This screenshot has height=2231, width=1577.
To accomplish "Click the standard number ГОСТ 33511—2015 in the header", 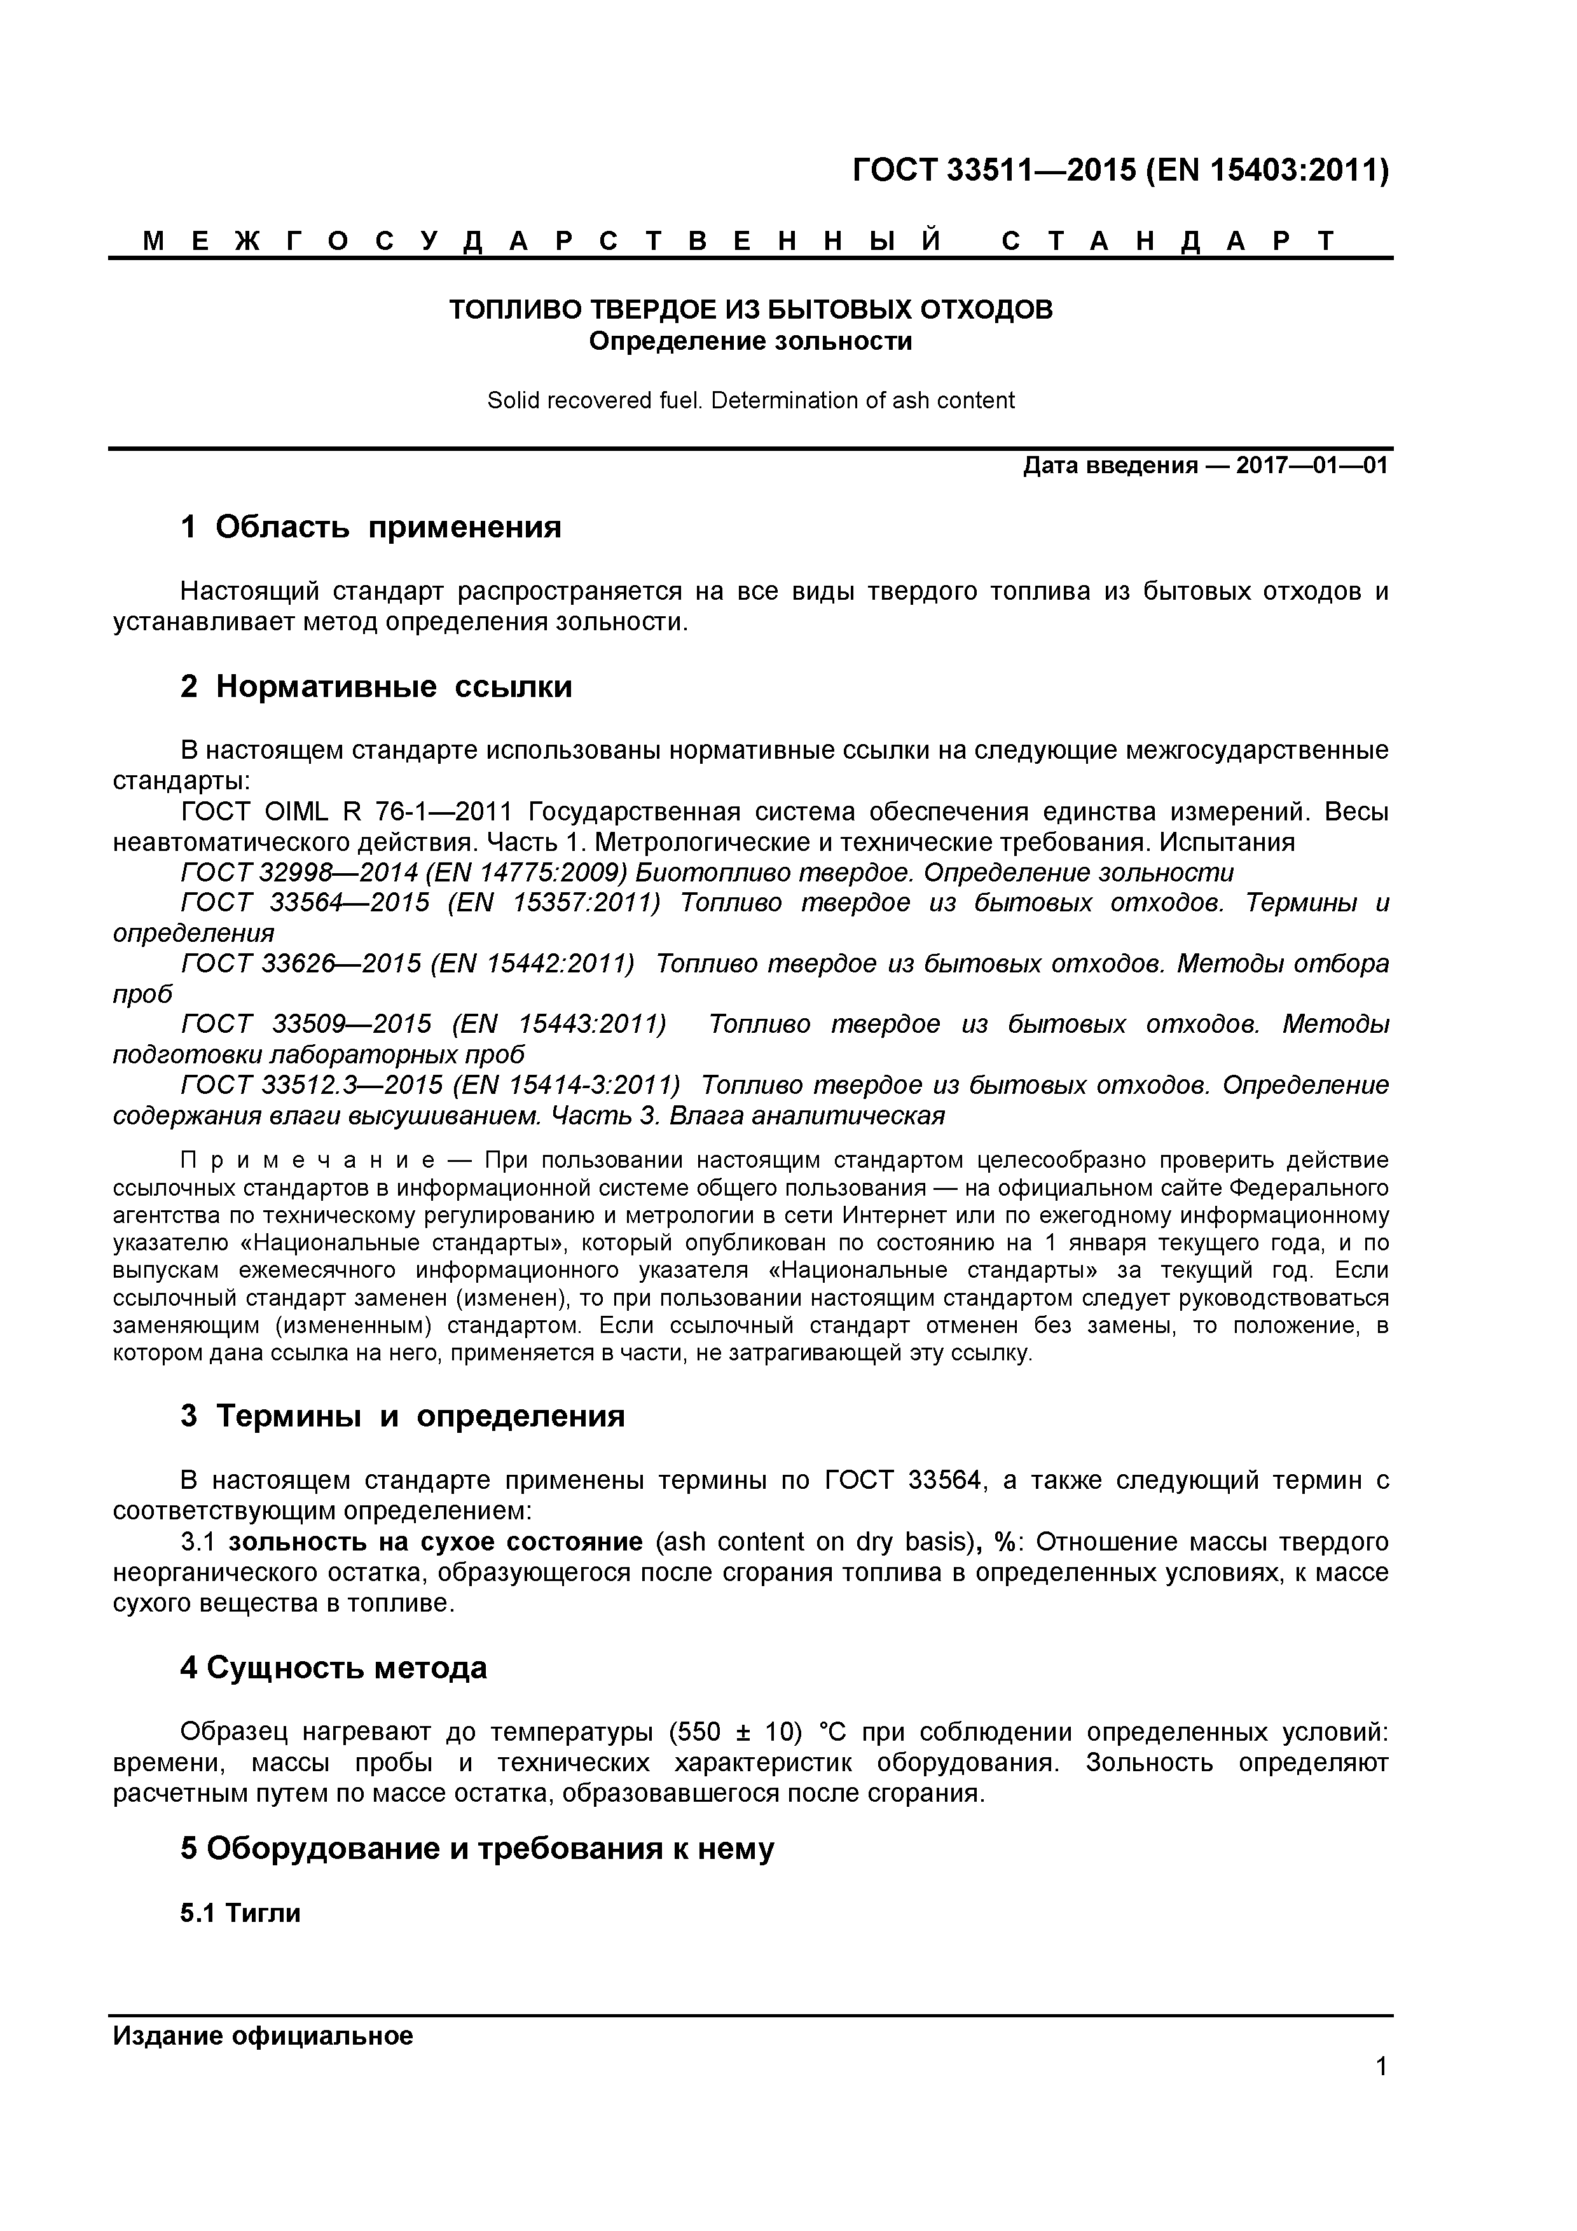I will (x=993, y=171).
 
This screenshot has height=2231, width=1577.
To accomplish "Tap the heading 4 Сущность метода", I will (x=333, y=1668).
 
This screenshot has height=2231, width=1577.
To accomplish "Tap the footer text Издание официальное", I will (x=263, y=2036).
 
